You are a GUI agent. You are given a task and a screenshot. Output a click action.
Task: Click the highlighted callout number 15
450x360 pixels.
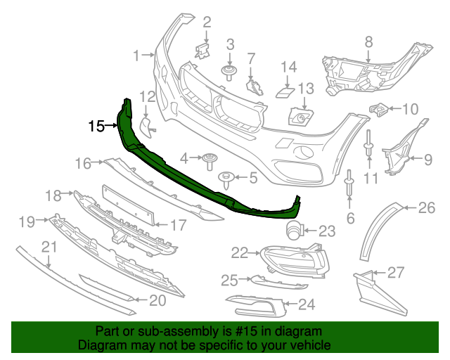tap(96, 127)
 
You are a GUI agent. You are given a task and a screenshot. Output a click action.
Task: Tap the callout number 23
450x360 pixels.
tap(328, 230)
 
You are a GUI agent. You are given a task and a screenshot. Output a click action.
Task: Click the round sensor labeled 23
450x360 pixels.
tap(294, 229)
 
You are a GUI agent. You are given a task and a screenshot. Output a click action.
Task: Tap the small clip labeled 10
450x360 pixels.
tap(379, 109)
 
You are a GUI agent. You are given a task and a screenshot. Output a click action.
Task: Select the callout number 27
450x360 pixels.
tap(396, 272)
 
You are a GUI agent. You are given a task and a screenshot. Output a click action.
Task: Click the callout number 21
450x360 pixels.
tap(49, 247)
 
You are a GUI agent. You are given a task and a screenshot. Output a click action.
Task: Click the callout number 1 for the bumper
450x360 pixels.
tap(137, 53)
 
